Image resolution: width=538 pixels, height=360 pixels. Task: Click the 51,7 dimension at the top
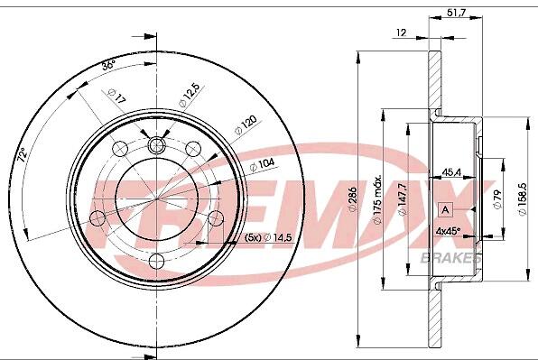click(457, 13)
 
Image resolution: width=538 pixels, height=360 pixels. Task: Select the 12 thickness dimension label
click(401, 32)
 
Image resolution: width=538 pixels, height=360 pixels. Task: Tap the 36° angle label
click(108, 64)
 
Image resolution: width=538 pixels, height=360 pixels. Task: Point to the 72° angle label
click(23, 155)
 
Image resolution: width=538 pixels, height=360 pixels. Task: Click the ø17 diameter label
click(116, 96)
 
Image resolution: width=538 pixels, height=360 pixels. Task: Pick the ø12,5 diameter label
click(189, 96)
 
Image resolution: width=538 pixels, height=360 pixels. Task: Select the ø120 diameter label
click(246, 125)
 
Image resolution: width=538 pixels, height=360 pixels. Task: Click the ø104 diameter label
click(262, 164)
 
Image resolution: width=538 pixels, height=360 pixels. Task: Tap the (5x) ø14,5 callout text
click(268, 237)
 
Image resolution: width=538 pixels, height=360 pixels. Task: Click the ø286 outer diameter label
click(352, 199)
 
